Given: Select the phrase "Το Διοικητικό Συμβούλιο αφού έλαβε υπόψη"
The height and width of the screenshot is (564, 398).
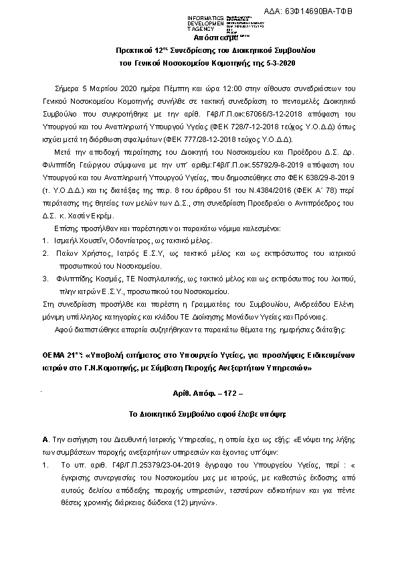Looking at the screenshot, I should coord(198,415).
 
